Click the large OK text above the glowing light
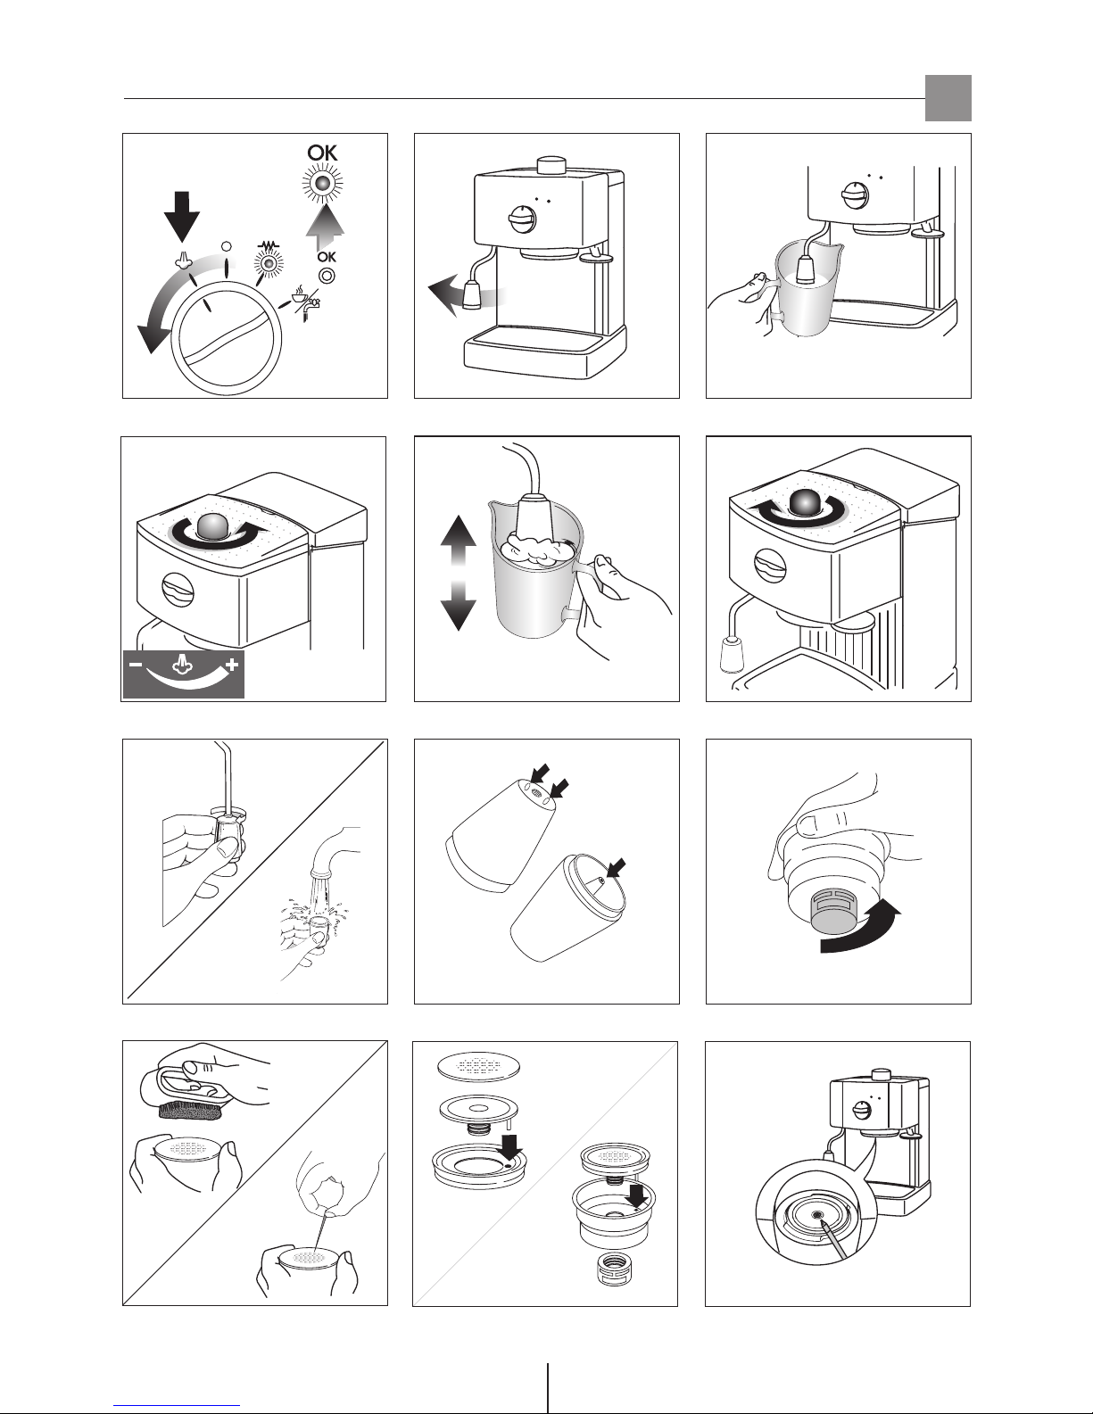coord(323,153)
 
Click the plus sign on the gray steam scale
coord(232,665)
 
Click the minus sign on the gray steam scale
coord(136,665)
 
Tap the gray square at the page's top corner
coord(948,98)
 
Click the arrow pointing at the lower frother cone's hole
coord(616,867)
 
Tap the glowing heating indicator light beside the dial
coord(268,264)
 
